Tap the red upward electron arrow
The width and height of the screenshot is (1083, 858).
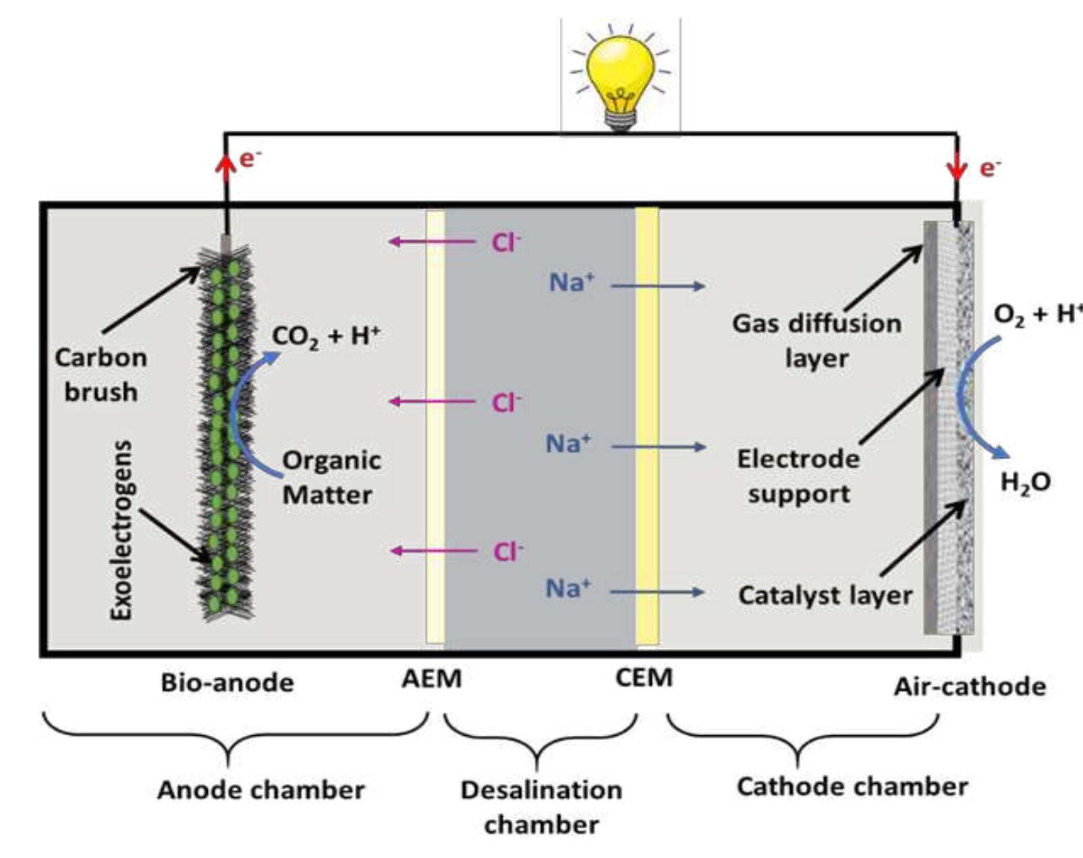pos(225,165)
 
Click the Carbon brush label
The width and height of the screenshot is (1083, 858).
pos(101,374)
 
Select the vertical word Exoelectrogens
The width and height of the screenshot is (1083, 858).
pos(122,530)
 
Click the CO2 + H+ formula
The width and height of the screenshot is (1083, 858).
pos(326,336)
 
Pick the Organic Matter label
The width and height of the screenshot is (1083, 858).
pos(331,478)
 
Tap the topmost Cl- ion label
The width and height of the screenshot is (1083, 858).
pos(506,242)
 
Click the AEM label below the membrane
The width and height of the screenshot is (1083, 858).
pos(432,679)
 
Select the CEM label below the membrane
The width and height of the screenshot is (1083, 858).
pos(644,677)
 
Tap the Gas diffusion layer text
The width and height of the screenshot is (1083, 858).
pos(816,341)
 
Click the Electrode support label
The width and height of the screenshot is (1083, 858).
pos(798,476)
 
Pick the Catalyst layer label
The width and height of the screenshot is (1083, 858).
pos(825,595)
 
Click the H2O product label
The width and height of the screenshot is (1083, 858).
pos(1025,482)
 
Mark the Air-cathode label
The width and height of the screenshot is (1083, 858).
pos(970,687)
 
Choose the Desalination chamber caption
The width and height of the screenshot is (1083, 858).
pos(541,807)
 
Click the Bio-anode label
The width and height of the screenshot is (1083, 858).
pos(227,683)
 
